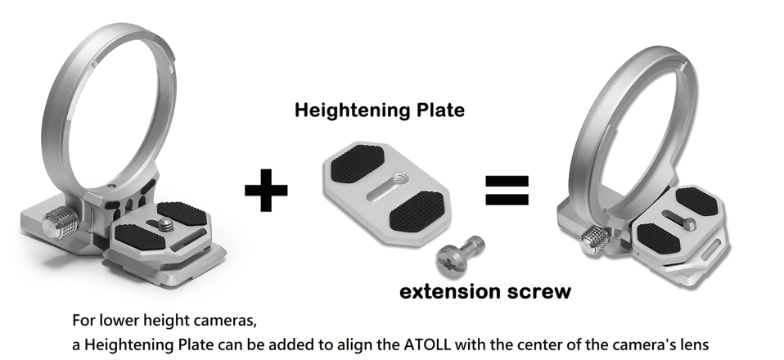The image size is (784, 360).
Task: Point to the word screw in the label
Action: pos(535,291)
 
